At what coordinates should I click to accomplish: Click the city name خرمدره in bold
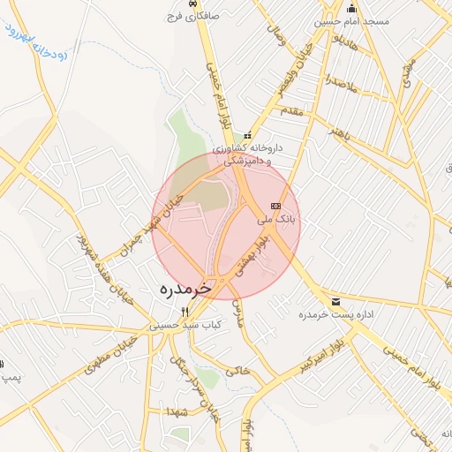click(x=188, y=289)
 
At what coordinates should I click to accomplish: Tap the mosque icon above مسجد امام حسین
click(x=351, y=8)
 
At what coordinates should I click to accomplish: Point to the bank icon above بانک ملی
click(x=274, y=205)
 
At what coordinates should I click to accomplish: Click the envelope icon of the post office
click(x=335, y=302)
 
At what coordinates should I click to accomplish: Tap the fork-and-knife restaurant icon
click(x=184, y=312)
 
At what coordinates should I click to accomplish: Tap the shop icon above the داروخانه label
click(x=248, y=135)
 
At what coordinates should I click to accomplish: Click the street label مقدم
click(x=291, y=111)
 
